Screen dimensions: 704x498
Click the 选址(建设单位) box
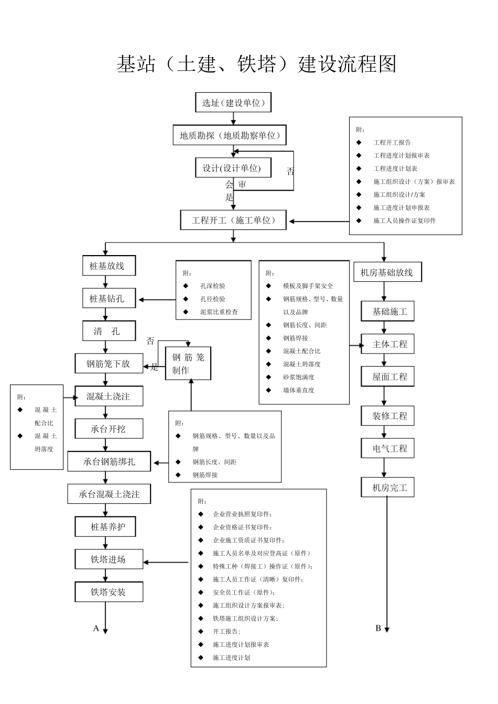[x=233, y=103]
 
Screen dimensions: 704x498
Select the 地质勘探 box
[x=230, y=136]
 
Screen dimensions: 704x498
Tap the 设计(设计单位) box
[x=233, y=168]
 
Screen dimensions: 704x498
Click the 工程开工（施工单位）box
[x=234, y=221]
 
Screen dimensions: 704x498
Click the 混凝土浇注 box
[x=109, y=397]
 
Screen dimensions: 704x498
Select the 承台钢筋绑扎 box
[x=109, y=461]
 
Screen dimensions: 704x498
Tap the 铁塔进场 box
[x=109, y=559]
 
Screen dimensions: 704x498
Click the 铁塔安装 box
[x=109, y=592]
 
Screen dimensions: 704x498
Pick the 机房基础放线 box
[x=387, y=272]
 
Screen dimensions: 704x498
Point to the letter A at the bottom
[x=96, y=628]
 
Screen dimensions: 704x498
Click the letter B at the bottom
[x=378, y=628]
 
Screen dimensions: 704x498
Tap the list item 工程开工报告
[x=392, y=142]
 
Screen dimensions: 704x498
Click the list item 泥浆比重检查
[x=219, y=312]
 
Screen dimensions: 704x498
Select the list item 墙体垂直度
[x=298, y=390]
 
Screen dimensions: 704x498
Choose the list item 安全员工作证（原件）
[x=244, y=592]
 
